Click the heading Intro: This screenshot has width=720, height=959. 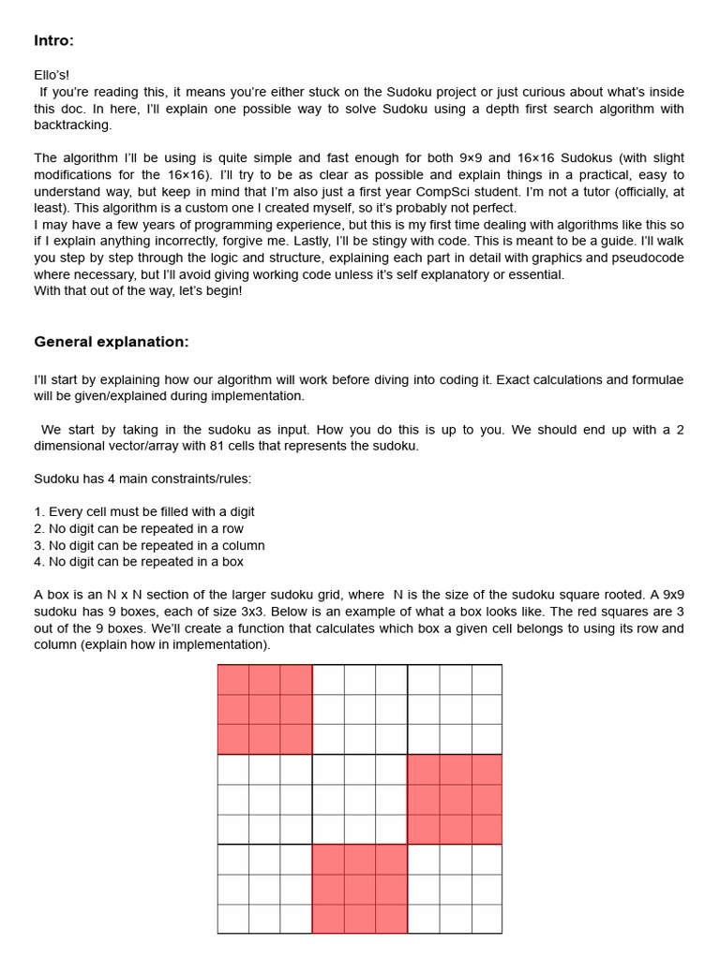tap(53, 40)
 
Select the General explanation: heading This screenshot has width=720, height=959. tap(111, 342)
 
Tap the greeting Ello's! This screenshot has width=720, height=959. tap(52, 75)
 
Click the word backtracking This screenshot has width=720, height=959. tap(72, 125)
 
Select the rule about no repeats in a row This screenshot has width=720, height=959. tap(138, 529)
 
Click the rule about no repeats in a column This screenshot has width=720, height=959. tap(149, 546)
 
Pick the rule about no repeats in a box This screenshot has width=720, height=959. tap(138, 562)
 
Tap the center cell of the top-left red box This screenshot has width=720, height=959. tap(264, 709)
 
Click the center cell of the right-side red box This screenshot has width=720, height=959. tap(455, 799)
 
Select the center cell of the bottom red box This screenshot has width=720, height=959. tap(360, 889)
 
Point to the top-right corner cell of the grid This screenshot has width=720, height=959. tap(487, 679)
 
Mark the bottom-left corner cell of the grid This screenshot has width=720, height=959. tap(233, 919)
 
